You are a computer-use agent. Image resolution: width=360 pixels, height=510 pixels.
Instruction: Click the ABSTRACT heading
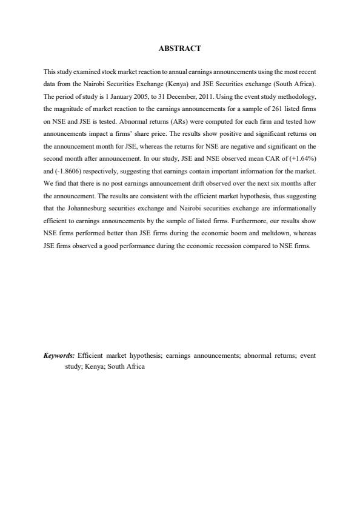point(179,48)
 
